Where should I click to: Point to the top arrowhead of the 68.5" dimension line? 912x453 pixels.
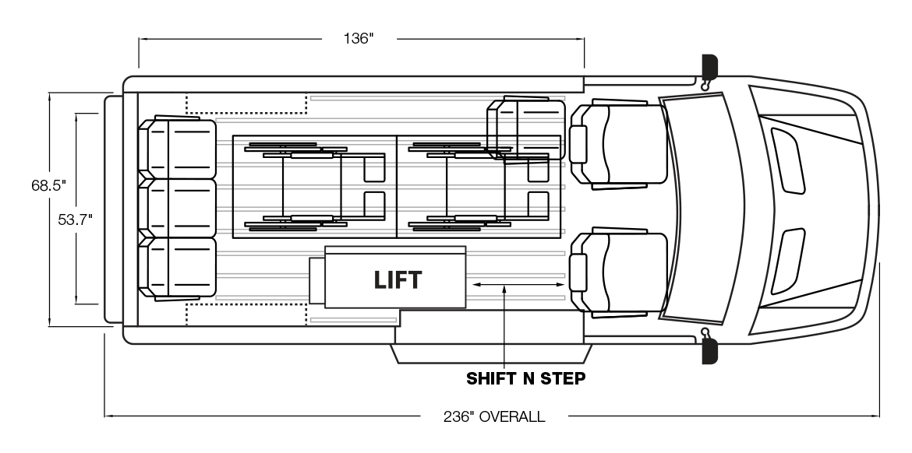[x=50, y=94]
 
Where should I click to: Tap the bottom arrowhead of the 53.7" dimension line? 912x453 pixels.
[x=76, y=303]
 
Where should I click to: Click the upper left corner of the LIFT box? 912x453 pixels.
[x=325, y=247]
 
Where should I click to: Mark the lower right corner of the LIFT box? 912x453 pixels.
[x=466, y=307]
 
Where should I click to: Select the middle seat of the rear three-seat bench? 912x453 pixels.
[x=178, y=208]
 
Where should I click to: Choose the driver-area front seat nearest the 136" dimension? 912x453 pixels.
[x=618, y=144]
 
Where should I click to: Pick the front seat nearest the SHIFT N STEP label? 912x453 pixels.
[x=618, y=272]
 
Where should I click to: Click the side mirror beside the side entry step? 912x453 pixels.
[x=709, y=349]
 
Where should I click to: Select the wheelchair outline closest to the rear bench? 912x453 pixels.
[x=315, y=187]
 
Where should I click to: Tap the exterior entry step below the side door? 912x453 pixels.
[x=492, y=353]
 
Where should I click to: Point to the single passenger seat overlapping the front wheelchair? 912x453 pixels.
[x=526, y=129]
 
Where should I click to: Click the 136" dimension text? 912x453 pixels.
[x=359, y=38]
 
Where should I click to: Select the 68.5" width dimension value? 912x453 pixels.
[x=49, y=185]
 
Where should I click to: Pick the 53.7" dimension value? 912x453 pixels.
[x=75, y=219]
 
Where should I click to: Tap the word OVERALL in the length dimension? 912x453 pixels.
[x=512, y=416]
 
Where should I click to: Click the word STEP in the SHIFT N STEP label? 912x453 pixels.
[x=563, y=378]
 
